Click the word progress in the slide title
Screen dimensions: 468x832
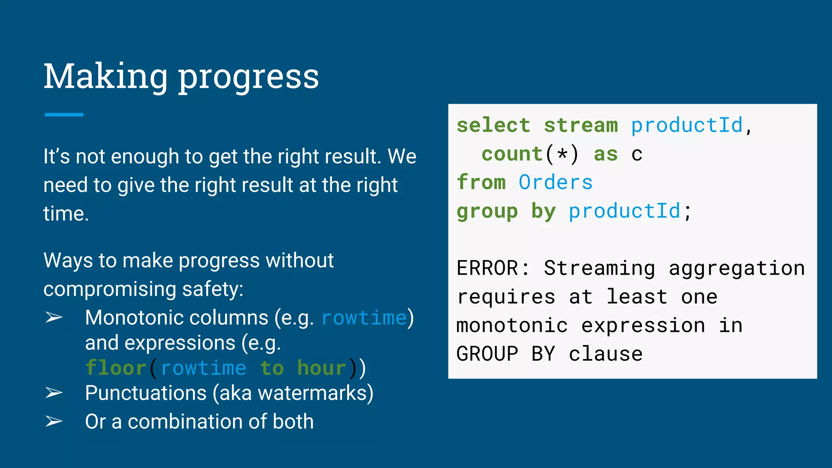(x=249, y=78)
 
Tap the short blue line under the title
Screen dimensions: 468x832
(x=64, y=115)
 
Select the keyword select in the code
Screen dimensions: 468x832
(x=493, y=125)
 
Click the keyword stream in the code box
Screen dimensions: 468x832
(x=581, y=125)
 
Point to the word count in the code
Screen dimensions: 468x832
(x=512, y=154)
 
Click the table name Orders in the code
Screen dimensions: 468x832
(x=555, y=182)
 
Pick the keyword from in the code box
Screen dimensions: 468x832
(x=481, y=182)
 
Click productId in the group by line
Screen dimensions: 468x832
(x=624, y=211)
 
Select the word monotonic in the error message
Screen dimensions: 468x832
(x=512, y=326)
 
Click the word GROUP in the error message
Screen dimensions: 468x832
(x=487, y=354)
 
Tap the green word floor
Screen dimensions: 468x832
(x=116, y=368)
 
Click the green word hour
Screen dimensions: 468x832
(x=321, y=368)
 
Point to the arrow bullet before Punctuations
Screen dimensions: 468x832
(x=54, y=393)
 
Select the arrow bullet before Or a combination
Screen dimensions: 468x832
(x=54, y=421)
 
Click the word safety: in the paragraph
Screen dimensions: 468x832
(x=212, y=289)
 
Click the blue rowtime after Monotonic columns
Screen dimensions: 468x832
(x=364, y=318)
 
